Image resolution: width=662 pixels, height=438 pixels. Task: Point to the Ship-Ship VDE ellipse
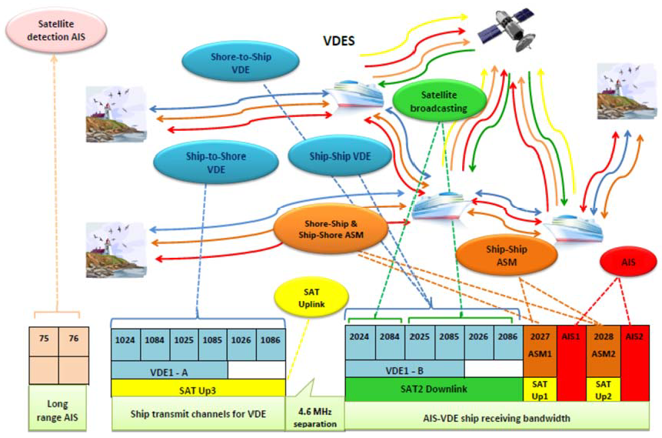[x=339, y=157]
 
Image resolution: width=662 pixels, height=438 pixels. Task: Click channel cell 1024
[x=126, y=339]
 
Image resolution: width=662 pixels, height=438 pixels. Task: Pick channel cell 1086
[x=269, y=339]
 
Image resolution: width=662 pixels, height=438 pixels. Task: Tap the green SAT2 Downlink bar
[x=434, y=388]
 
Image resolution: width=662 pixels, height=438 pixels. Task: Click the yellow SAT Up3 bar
[x=198, y=386]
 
